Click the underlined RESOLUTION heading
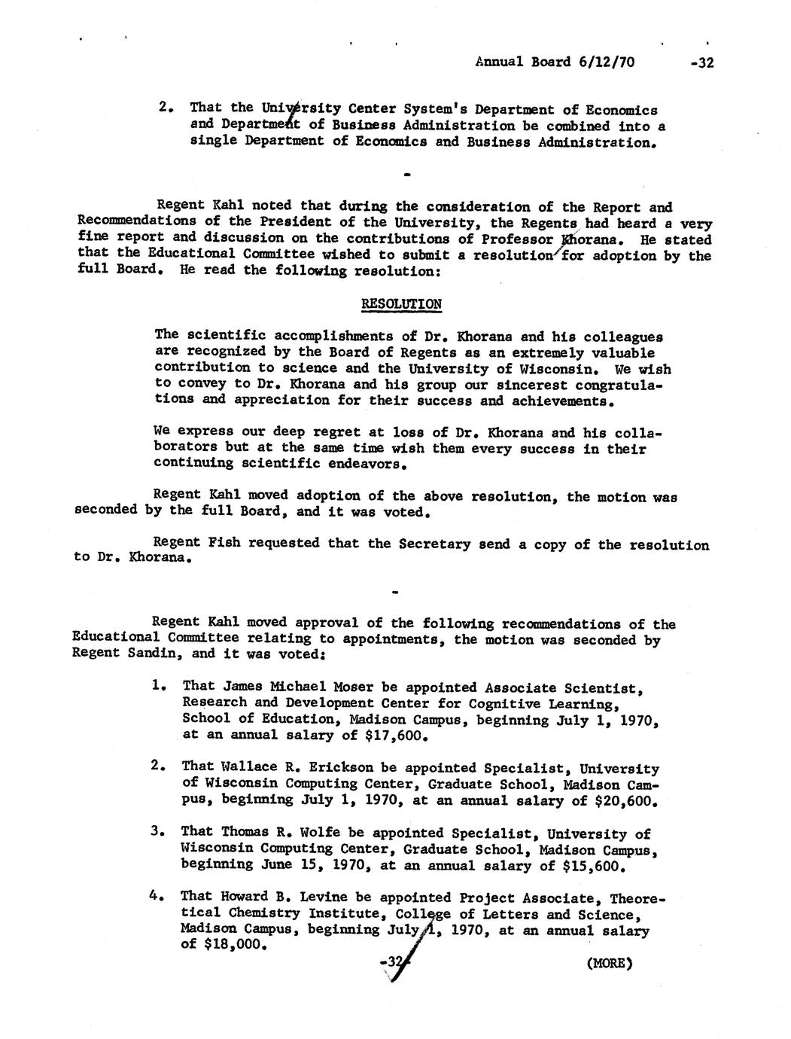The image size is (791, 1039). coord(401,304)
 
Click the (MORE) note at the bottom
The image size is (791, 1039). coord(610,963)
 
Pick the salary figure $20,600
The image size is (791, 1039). coord(626,801)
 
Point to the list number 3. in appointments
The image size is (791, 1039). coord(157,832)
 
